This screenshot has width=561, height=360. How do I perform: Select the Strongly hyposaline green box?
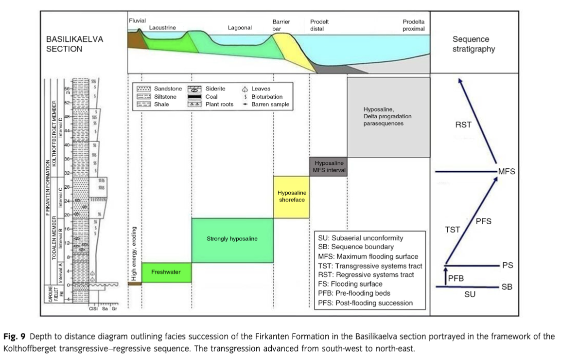pyautogui.click(x=232, y=239)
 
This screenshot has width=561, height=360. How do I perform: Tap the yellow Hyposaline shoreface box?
pyautogui.click(x=292, y=197)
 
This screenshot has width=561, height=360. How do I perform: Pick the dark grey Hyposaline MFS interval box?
pyautogui.click(x=329, y=166)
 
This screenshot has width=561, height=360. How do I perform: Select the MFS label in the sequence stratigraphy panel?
pyautogui.click(x=506, y=172)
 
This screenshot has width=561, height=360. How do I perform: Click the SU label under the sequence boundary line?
pyautogui.click(x=470, y=294)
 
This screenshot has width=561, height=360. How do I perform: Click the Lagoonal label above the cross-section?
pyautogui.click(x=240, y=28)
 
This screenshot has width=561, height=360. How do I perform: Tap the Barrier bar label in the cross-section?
pyautogui.click(x=281, y=25)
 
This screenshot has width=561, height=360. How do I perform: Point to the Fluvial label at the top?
pyautogui.click(x=137, y=20)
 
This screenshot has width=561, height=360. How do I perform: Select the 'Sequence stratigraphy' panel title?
pyautogui.click(x=473, y=44)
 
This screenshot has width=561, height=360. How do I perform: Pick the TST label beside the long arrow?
pyautogui.click(x=453, y=230)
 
